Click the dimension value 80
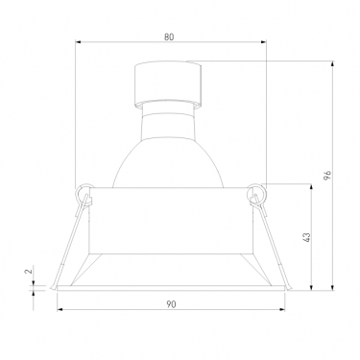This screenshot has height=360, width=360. click(169, 37)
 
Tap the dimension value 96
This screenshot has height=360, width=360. click(327, 175)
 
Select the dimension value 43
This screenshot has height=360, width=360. click(306, 237)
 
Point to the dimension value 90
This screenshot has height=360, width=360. click(171, 304)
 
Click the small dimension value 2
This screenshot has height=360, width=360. click(29, 272)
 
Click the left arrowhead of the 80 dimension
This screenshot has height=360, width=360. click(78, 41)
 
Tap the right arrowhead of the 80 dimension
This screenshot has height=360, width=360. click(264, 41)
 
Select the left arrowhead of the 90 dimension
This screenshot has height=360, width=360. click(60, 309)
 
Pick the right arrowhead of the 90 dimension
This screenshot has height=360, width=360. click(282, 309)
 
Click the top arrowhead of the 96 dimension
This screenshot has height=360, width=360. click(333, 63)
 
